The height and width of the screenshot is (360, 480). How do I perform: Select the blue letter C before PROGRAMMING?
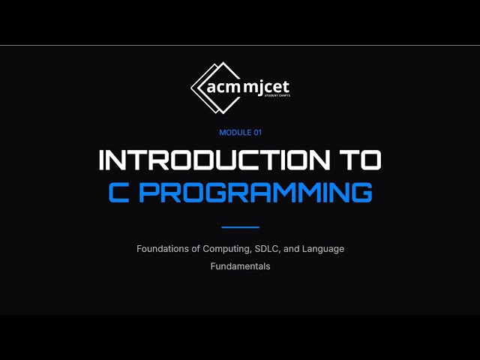pos(118,191)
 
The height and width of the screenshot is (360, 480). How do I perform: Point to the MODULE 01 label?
pos(240,133)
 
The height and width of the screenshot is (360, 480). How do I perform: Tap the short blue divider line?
pos(240,226)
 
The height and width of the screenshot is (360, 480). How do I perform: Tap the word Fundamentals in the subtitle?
pos(240,266)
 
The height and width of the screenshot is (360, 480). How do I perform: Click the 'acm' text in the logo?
pos(221,87)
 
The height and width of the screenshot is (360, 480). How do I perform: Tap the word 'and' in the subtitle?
pos(293,248)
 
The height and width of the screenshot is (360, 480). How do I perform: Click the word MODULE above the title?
pos(232,133)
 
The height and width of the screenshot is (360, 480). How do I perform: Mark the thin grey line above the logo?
pos(240,46)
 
